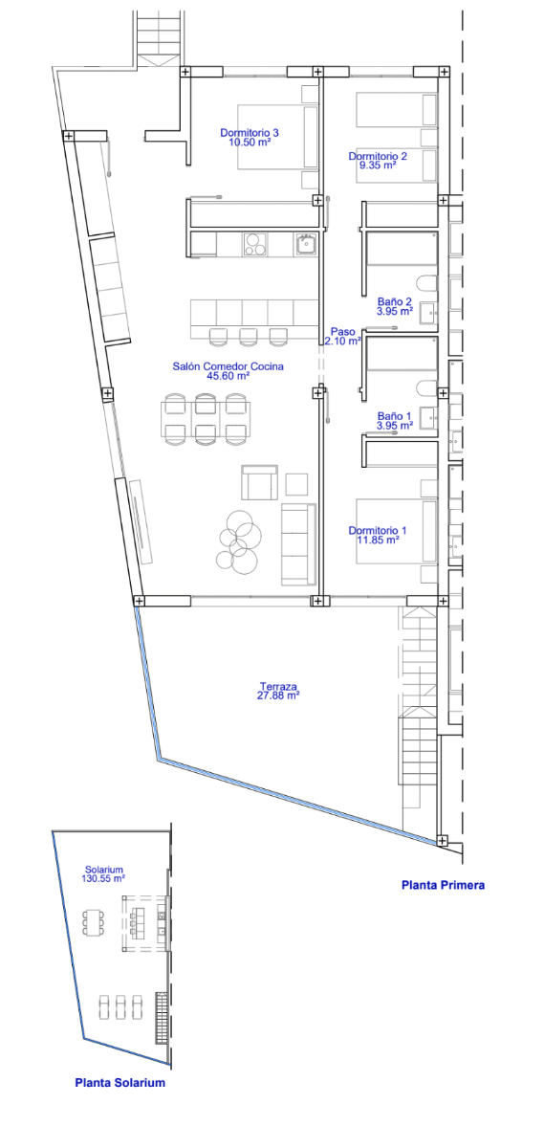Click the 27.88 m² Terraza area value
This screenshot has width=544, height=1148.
click(x=278, y=695)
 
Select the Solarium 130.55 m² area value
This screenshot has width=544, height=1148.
click(x=103, y=878)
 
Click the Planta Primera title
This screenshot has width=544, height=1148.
click(x=443, y=885)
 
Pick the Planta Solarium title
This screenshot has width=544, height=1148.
click(x=120, y=1083)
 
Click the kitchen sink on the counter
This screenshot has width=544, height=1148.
click(x=306, y=244)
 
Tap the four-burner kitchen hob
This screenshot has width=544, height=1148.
click(x=255, y=244)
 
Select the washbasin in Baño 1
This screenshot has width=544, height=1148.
click(x=428, y=418)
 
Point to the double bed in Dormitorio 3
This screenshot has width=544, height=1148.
click(x=277, y=137)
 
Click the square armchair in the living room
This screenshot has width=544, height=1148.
click(x=260, y=482)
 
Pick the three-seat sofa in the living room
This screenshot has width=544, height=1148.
click(x=298, y=544)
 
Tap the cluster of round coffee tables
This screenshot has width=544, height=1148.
click(x=238, y=542)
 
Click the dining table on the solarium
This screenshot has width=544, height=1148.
click(x=94, y=922)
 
